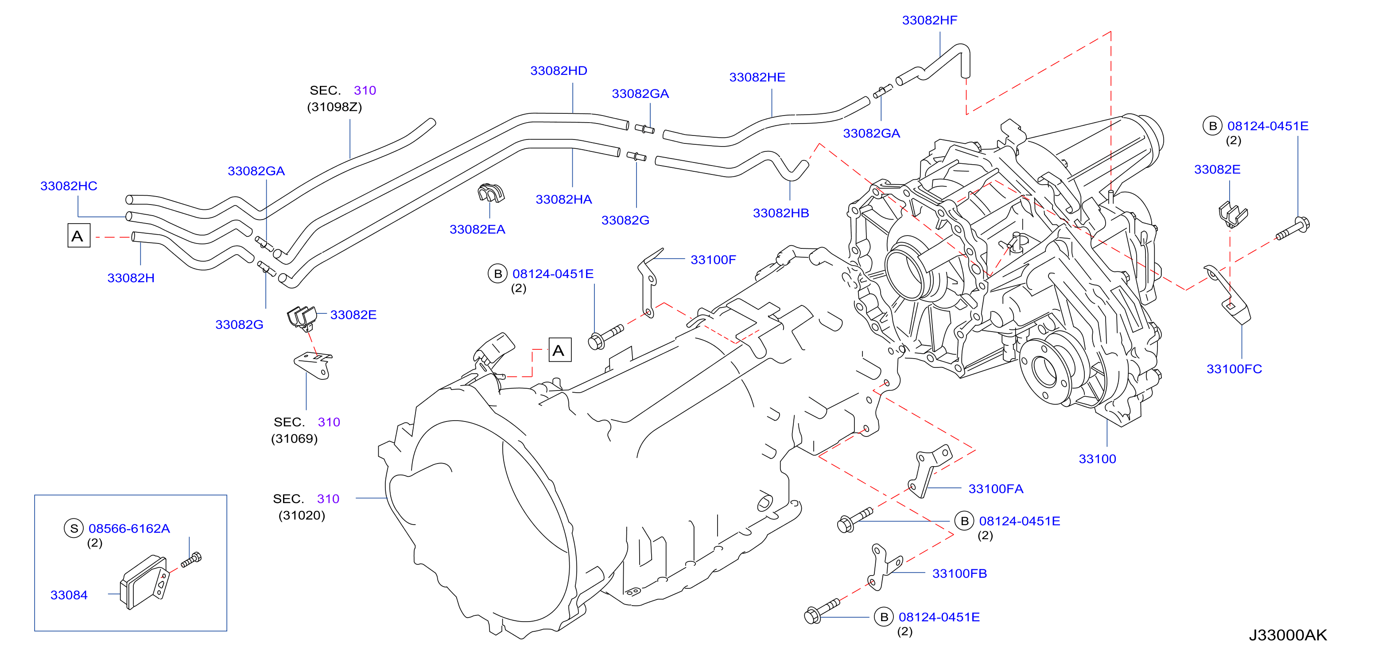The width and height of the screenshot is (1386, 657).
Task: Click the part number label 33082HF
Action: point(929,20)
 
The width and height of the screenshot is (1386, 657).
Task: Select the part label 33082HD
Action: point(559,71)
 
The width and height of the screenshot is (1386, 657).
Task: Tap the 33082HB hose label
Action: point(780,213)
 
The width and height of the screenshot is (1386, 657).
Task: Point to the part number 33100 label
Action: point(1097,459)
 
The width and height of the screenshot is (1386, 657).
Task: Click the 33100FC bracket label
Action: point(1234,369)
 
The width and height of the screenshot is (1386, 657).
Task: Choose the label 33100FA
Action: point(996,489)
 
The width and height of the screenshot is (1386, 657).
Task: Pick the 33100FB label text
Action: point(959,574)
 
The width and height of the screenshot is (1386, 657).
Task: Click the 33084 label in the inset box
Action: point(69,595)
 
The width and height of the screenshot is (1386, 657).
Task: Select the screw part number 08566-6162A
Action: point(129,529)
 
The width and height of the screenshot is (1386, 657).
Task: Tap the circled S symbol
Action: point(74,529)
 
